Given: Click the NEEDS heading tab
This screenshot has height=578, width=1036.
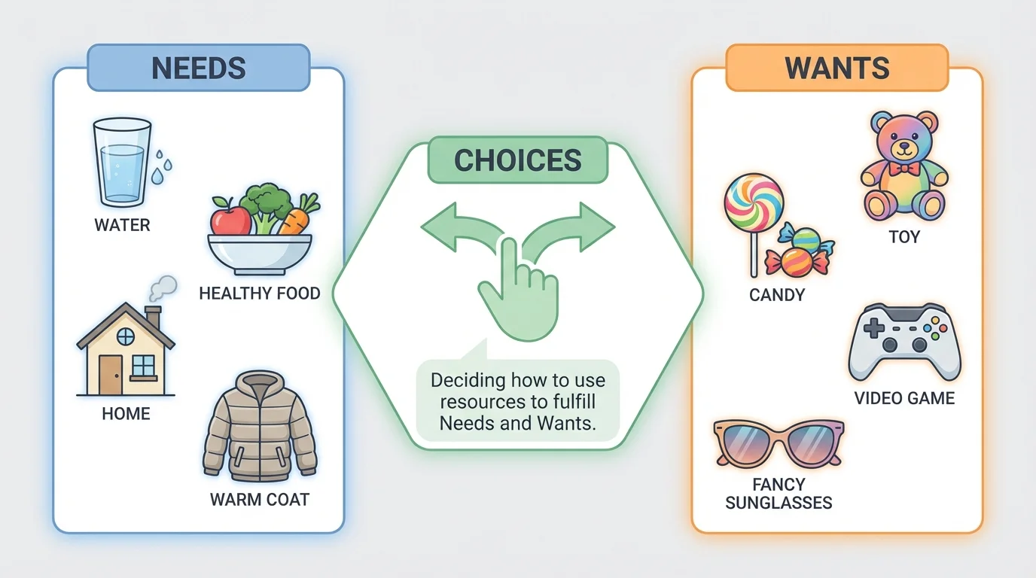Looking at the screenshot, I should pos(199,68).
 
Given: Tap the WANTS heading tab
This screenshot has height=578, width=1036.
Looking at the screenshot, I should pos(836,68).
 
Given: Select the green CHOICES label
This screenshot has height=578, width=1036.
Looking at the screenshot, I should pos(518,160).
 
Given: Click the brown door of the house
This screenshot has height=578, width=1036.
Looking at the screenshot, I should pos(110,375).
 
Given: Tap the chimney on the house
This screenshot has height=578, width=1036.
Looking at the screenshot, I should pos(154,317).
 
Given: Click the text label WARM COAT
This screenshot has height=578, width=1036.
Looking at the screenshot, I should pos(260,500).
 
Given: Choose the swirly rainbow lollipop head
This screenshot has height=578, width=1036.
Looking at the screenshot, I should pos(754,203).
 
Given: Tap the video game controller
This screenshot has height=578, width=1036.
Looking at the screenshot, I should pos(904,342).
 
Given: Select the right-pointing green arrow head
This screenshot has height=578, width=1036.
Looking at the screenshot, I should pos(602,225).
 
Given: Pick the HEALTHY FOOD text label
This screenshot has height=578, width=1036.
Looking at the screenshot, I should pos(260,293).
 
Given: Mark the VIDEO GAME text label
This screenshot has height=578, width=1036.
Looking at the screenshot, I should pos(904,398).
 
